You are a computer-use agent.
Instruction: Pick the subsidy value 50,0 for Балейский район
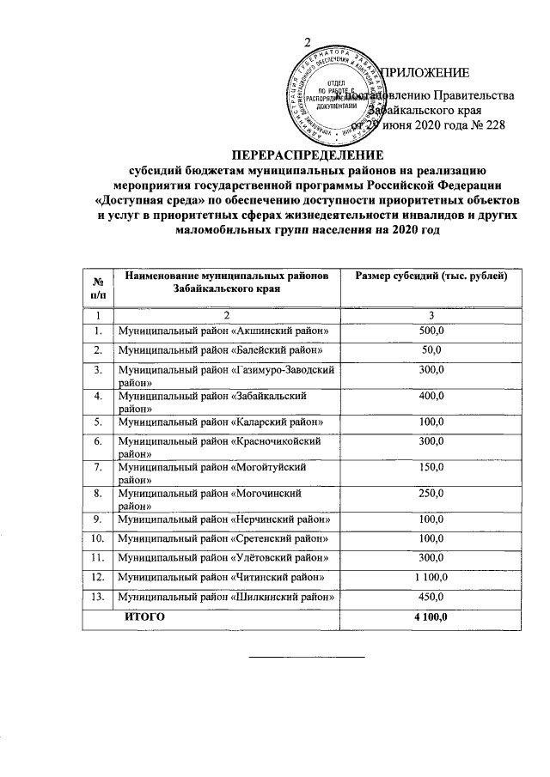point(431,350)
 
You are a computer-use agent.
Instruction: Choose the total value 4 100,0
point(431,617)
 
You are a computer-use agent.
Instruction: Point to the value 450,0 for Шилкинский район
point(431,597)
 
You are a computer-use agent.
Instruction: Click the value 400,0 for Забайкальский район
point(431,397)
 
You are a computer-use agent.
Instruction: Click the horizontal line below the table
point(307,657)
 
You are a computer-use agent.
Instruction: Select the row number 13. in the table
point(100,597)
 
